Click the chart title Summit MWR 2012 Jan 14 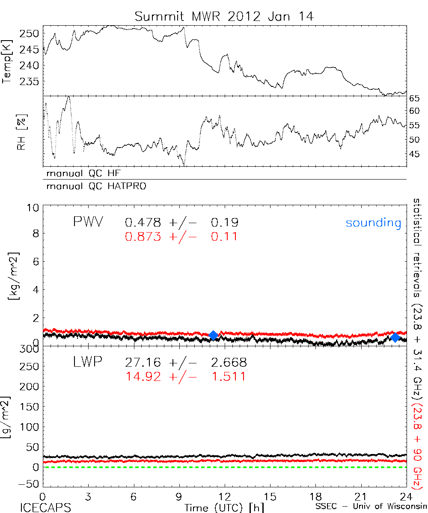pos(224,16)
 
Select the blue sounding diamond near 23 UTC pos(395,338)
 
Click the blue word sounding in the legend pos(373,223)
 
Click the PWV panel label pos(88,222)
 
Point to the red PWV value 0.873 pos(143,236)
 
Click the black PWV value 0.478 pos(143,222)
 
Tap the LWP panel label pos(88,363)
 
